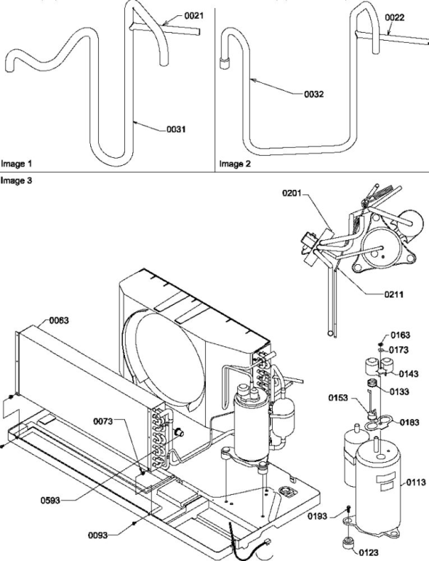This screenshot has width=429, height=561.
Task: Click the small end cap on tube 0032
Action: click(225, 63)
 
